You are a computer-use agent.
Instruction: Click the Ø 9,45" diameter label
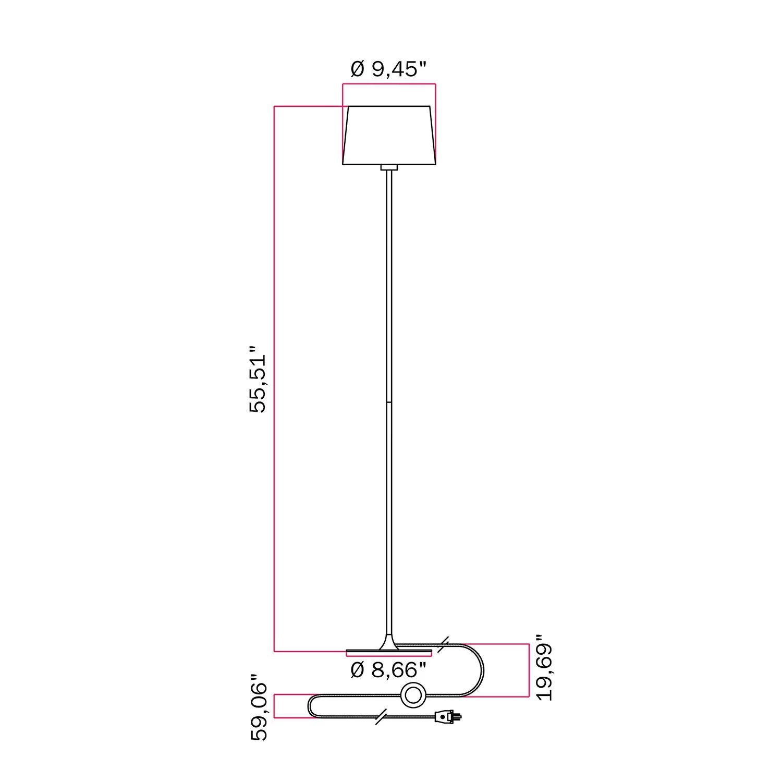[x=388, y=69]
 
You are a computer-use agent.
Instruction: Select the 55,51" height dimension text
[x=258, y=378]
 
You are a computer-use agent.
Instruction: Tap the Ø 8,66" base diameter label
[x=388, y=670]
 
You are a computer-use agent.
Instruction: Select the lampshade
[x=389, y=136]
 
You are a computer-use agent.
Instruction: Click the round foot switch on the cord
[x=413, y=695]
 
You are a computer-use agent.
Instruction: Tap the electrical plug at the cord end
[x=448, y=718]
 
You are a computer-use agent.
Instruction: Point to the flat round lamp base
[x=389, y=652]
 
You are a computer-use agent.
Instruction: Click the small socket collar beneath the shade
[x=389, y=167]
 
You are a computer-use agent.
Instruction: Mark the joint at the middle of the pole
[x=389, y=402]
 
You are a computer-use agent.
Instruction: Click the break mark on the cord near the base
[x=444, y=644]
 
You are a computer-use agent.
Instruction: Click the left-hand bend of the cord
[x=311, y=706]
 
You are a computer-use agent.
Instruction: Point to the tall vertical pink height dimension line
[x=275, y=378]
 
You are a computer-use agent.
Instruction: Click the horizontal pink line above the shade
[x=389, y=83]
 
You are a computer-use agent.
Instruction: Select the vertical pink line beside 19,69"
[x=529, y=670]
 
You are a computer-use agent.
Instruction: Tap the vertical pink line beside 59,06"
[x=275, y=706]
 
